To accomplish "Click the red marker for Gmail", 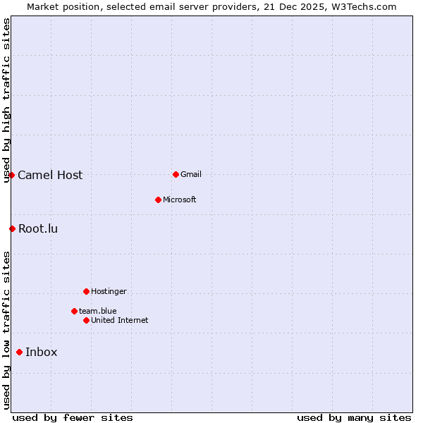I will (176, 174).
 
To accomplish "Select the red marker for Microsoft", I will (158, 200).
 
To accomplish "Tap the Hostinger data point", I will (86, 291).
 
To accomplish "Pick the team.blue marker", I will (74, 311).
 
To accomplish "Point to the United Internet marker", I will (86, 320).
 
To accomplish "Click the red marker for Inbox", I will (19, 352).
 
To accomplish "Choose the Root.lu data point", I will (12, 228).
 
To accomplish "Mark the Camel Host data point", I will (12, 175).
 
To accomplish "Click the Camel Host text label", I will (50, 175).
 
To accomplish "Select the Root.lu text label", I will (38, 228).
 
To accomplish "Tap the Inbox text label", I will (42, 352).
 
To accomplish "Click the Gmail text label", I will (191, 174).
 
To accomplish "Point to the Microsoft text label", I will (180, 200).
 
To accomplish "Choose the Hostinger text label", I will (109, 291).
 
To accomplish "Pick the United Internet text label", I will (120, 320).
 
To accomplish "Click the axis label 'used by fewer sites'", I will (73, 417).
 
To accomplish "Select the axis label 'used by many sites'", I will (354, 417).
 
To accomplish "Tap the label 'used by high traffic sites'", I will (6, 100).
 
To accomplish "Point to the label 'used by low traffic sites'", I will (6, 330).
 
